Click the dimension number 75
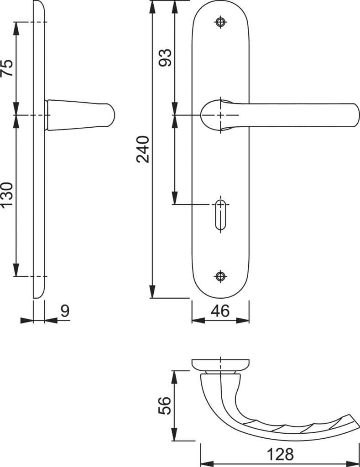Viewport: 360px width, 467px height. [x=7, y=68]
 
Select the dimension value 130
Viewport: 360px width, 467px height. [x=7, y=195]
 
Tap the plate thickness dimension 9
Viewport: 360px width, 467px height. [x=65, y=311]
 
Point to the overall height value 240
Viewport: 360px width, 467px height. [x=143, y=149]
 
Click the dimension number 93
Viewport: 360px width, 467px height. [x=165, y=57]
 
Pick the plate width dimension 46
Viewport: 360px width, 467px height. [x=220, y=311]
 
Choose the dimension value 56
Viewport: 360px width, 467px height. [x=165, y=405]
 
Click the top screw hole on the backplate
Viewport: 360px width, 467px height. [x=220, y=22]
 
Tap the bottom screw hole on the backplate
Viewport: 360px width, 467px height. [x=220, y=276]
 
